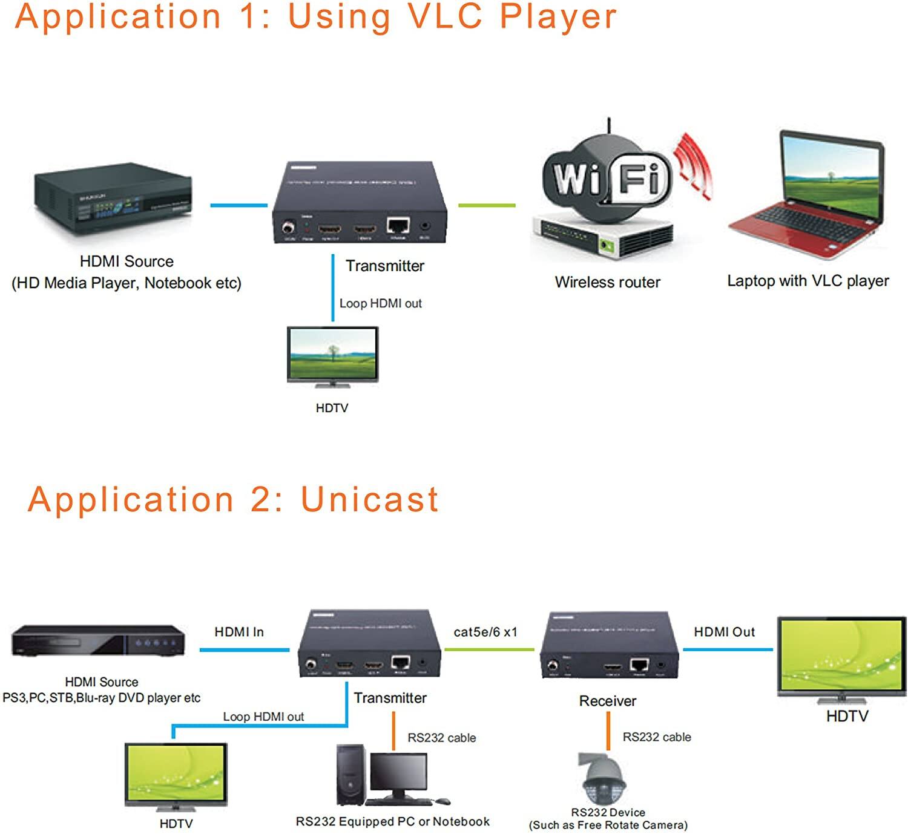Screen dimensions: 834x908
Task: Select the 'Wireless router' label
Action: coord(607,282)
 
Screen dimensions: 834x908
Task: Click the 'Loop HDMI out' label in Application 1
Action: coord(380,303)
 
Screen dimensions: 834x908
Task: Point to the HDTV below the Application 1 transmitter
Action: coord(332,356)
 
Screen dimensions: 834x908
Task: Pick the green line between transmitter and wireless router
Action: coord(487,206)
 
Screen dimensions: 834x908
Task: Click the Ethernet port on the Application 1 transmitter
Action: coord(398,226)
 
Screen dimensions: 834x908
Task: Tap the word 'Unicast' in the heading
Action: coord(369,500)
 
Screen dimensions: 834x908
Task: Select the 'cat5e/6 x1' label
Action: coord(485,632)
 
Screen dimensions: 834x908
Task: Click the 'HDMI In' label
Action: coord(239,632)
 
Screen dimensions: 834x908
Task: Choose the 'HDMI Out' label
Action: coord(724,632)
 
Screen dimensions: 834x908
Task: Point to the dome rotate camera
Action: coord(603,781)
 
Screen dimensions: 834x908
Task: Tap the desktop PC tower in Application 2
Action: coord(351,775)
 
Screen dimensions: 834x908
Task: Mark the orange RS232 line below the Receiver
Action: coord(608,731)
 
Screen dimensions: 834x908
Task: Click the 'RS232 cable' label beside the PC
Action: coord(441,738)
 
